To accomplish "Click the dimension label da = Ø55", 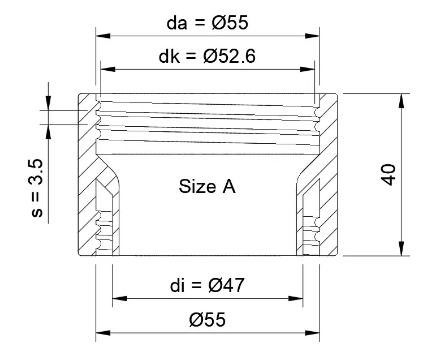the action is pos(207,23).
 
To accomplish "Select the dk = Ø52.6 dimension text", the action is pos(207,56).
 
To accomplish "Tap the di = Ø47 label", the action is pos(207,285).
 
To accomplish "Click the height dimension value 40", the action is pos(388,174).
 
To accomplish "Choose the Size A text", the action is pos(207,186).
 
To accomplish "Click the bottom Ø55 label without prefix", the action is pos(207,319).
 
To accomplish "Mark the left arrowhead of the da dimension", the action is pos(103,36).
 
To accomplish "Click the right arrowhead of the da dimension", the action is pos(313,36).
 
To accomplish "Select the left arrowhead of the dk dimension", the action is pos(107,69).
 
